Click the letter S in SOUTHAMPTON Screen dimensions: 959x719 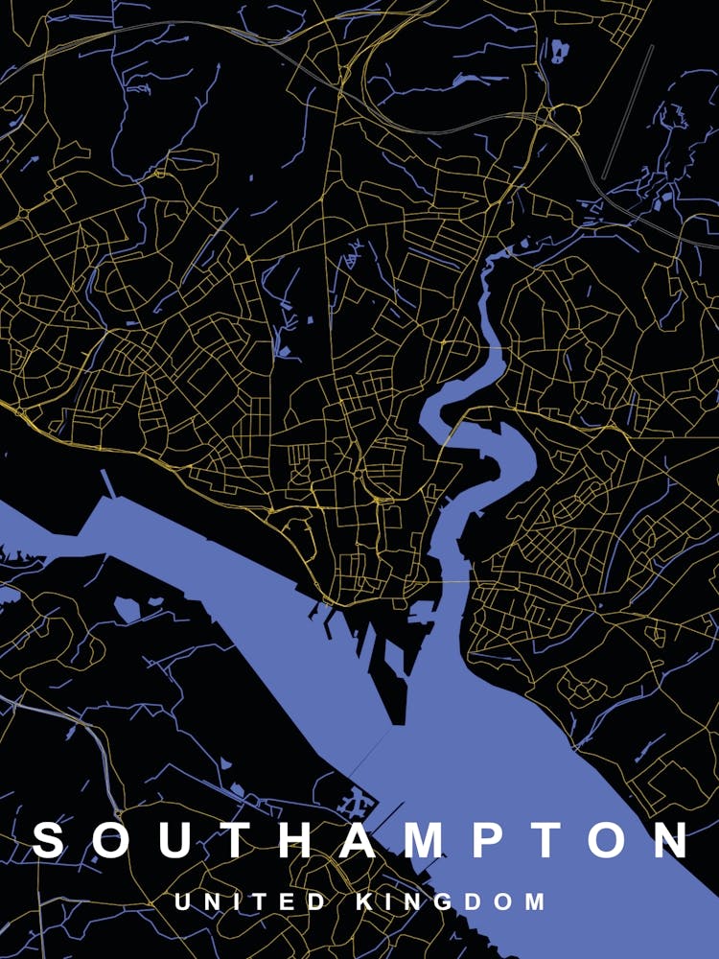[49, 840]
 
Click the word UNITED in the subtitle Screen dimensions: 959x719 [251, 902]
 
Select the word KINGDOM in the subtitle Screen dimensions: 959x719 [451, 902]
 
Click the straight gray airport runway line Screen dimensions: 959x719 [629, 110]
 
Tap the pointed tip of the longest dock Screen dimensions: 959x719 [398, 722]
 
